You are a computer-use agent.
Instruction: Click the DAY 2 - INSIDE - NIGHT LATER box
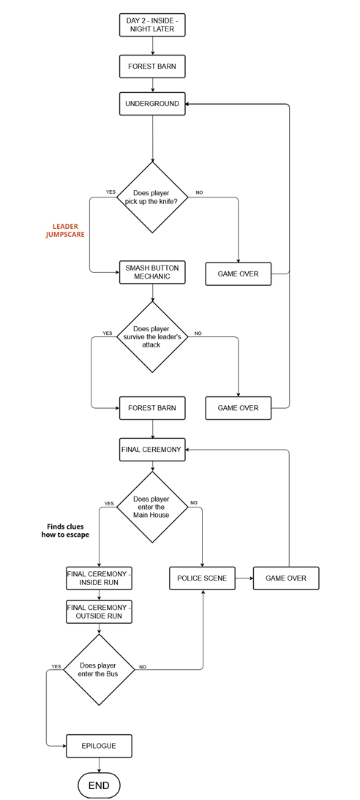point(152,25)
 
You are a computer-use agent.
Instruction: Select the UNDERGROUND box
point(152,104)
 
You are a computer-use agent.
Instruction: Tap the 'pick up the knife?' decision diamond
point(152,197)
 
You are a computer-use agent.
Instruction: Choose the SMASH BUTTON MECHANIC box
point(152,273)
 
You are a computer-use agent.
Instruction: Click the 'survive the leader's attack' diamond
point(152,336)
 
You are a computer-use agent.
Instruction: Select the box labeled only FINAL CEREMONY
point(152,450)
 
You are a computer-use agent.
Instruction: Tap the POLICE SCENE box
point(202,578)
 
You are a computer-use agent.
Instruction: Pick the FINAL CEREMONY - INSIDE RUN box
point(99,578)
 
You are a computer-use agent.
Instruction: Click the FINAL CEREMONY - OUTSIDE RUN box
point(99,612)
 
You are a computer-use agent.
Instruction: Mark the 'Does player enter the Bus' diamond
point(99,669)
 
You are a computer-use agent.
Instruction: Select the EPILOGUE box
point(99,746)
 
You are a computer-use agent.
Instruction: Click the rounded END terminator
point(99,785)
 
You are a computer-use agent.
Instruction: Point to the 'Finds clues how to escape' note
point(65,531)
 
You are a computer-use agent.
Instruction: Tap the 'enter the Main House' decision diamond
point(152,507)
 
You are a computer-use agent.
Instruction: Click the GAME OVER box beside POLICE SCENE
point(286,578)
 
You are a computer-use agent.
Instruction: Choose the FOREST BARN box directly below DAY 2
point(152,67)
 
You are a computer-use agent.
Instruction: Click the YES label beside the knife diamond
point(110,192)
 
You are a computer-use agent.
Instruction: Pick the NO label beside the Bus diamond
point(143,667)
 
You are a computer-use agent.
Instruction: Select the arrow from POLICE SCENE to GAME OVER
point(244,578)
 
